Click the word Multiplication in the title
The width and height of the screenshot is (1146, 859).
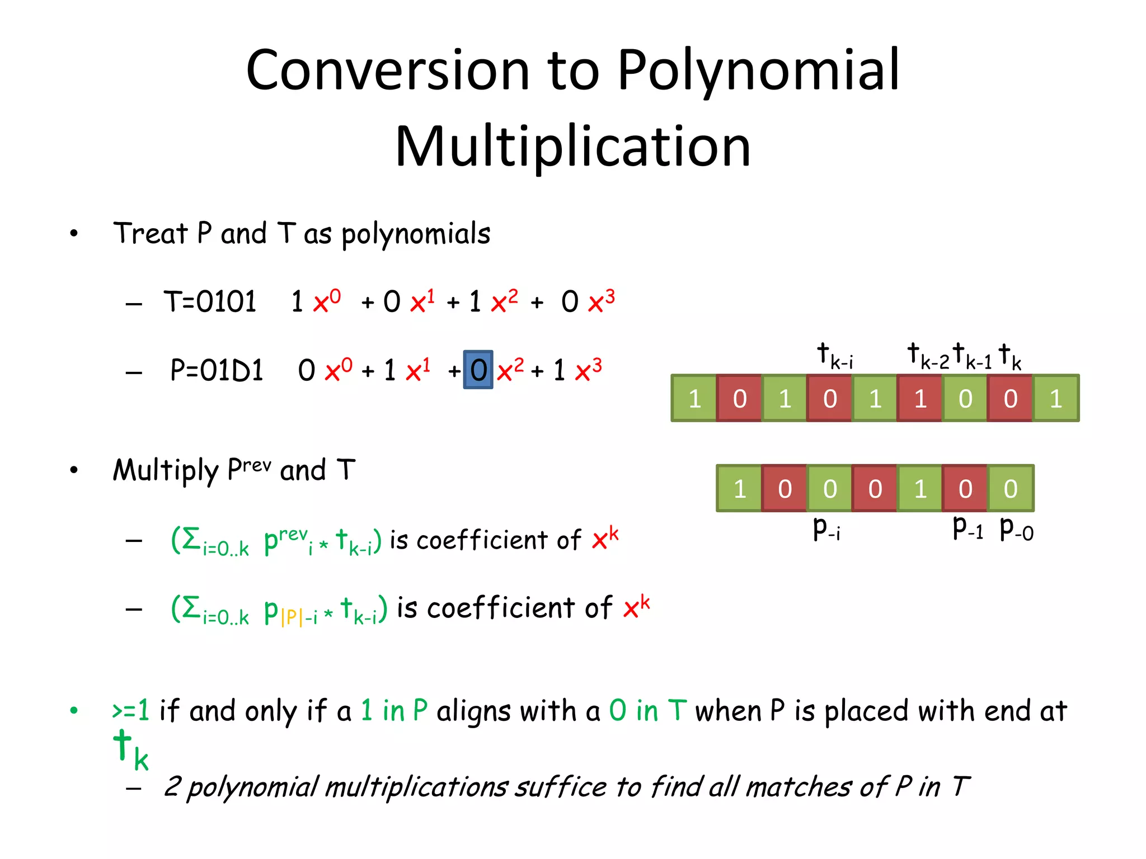point(572,147)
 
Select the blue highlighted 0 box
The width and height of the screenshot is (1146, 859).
point(478,370)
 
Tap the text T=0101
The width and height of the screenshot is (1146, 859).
point(210,302)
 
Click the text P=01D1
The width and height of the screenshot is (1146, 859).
point(217,370)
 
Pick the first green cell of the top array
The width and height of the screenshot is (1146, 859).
point(694,398)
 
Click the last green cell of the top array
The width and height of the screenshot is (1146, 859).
point(1055,398)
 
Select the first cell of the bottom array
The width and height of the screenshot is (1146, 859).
point(739,488)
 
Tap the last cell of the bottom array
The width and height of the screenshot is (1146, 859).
point(1010,488)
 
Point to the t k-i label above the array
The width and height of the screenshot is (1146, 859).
point(834,356)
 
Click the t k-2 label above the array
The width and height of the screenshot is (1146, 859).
point(928,356)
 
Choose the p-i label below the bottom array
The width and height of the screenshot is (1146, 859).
point(826,528)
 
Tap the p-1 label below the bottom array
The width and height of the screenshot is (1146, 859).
point(967,528)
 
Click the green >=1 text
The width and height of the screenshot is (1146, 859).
point(131,711)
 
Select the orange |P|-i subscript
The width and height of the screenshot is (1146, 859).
point(298,617)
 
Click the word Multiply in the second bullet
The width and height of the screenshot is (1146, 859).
point(165,470)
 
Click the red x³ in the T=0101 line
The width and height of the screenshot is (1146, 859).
point(602,301)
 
